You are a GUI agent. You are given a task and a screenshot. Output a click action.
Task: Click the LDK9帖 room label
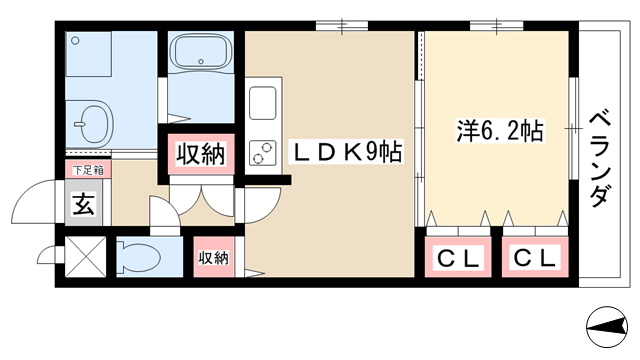pos(346,152)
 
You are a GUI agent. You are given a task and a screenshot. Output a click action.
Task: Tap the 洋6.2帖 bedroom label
pos(500,130)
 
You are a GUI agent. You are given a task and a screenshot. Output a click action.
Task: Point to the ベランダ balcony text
pos(601,160)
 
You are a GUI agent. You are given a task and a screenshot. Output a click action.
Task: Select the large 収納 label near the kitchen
pos(200,154)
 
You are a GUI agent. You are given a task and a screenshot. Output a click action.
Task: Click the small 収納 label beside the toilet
pos(213,258)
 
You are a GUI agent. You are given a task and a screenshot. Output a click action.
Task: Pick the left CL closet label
pos(458,258)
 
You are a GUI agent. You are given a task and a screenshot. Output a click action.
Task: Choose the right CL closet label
pos(535,258)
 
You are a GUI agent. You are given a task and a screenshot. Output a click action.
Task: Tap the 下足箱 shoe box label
pos(88,170)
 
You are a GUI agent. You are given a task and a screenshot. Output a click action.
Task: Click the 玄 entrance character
pos(84,204)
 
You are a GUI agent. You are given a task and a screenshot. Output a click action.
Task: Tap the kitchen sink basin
pos(262,103)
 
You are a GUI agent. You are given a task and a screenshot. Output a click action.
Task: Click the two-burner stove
pos(262,153)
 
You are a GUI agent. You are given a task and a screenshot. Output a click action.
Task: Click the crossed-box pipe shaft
pos(85,257)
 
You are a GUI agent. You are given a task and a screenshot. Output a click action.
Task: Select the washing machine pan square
pos(89,54)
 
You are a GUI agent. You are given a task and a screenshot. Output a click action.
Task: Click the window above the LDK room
pos(342,26)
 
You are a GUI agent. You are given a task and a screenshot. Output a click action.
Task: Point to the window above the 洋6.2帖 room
pos(497,26)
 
